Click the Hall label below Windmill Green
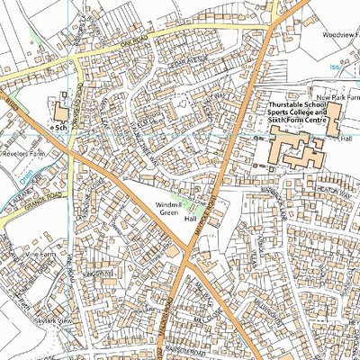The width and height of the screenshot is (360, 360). [190, 219]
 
